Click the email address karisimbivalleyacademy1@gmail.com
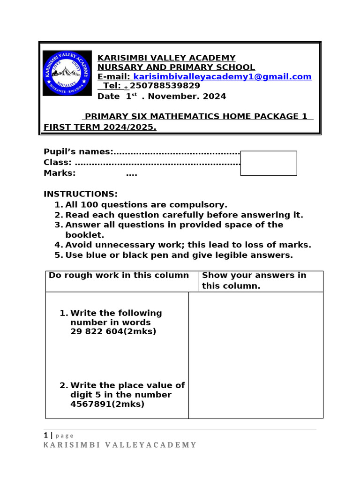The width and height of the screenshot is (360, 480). (x=223, y=77)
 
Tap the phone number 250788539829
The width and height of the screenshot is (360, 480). (x=165, y=86)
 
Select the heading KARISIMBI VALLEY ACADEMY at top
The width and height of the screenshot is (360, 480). (x=166, y=58)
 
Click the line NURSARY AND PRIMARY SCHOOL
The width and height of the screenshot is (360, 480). (x=176, y=67)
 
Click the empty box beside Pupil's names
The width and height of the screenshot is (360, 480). (x=268, y=163)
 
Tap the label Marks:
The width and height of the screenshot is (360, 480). (x=60, y=173)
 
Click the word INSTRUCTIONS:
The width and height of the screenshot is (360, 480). (x=81, y=194)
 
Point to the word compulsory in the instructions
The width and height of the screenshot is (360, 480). (x=200, y=205)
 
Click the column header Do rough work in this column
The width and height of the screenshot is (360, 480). (x=119, y=275)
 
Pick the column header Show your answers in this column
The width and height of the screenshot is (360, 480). (x=254, y=280)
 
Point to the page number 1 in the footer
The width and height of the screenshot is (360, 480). (x=46, y=435)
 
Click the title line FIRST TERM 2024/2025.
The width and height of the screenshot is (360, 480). (x=100, y=127)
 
